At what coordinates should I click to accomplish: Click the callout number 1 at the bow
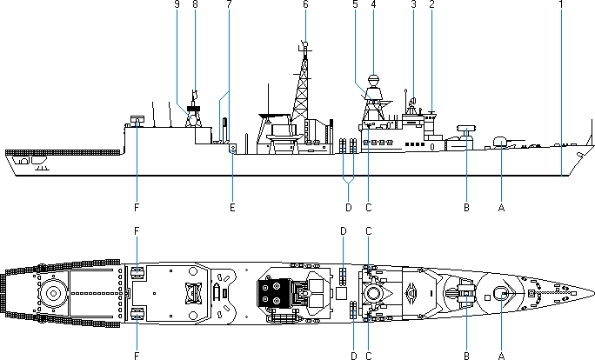[x=561, y=4]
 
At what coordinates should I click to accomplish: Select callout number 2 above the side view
[x=431, y=4]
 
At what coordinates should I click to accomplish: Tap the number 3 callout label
[x=413, y=4]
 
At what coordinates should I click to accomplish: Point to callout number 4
[x=373, y=4]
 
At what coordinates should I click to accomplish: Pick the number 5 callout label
[x=356, y=4]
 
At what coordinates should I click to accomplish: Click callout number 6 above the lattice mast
[x=305, y=4]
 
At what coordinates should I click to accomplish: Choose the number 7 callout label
[x=229, y=4]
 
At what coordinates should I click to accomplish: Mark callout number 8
[x=195, y=4]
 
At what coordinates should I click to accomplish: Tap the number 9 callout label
[x=177, y=4]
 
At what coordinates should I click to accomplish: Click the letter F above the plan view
[x=137, y=231]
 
